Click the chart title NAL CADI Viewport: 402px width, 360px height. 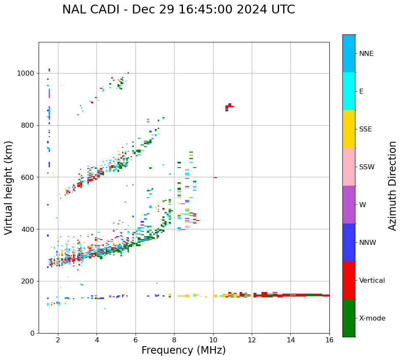coord(178,10)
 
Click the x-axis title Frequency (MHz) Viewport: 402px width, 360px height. coord(183,350)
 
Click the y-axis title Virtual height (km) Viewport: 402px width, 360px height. coord(9,188)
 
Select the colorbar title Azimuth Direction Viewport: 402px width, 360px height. coord(392,186)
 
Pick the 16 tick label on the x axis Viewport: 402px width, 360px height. coord(329,340)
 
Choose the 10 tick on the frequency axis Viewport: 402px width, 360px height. coord(213,340)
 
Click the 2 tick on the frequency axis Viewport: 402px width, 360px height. coord(58,340)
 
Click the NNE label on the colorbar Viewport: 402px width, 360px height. coord(366,54)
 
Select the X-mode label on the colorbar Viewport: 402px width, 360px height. coord(372,318)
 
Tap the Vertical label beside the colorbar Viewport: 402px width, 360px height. coord(372,281)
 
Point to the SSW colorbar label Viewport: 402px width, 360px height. coord(367,167)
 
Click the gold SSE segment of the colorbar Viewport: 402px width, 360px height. coord(349,129)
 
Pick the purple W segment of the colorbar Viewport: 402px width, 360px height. coord(349,205)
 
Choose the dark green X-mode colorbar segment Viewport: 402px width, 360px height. coord(349,318)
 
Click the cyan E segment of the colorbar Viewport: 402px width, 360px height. coord(349,91)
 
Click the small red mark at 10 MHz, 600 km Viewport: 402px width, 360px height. coord(215,178)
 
